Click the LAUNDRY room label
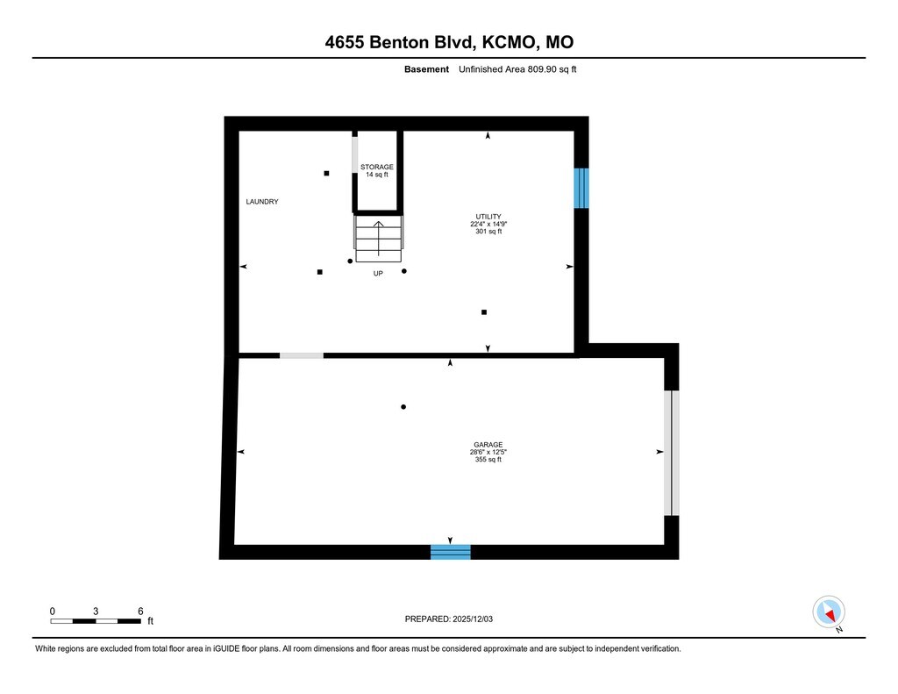[262, 202]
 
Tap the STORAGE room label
[377, 167]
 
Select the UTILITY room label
[488, 216]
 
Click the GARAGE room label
[488, 444]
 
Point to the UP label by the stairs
[378, 273]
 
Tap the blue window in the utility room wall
[581, 188]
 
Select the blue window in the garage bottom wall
[450, 552]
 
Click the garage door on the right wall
[671, 453]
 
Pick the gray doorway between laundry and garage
[301, 355]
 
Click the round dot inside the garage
[403, 407]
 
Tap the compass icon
[829, 612]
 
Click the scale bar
[96, 621]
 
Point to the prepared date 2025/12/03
[454, 619]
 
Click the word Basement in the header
[427, 69]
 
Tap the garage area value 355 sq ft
[488, 460]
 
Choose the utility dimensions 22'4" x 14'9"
[488, 224]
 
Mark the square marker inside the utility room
[484, 311]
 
